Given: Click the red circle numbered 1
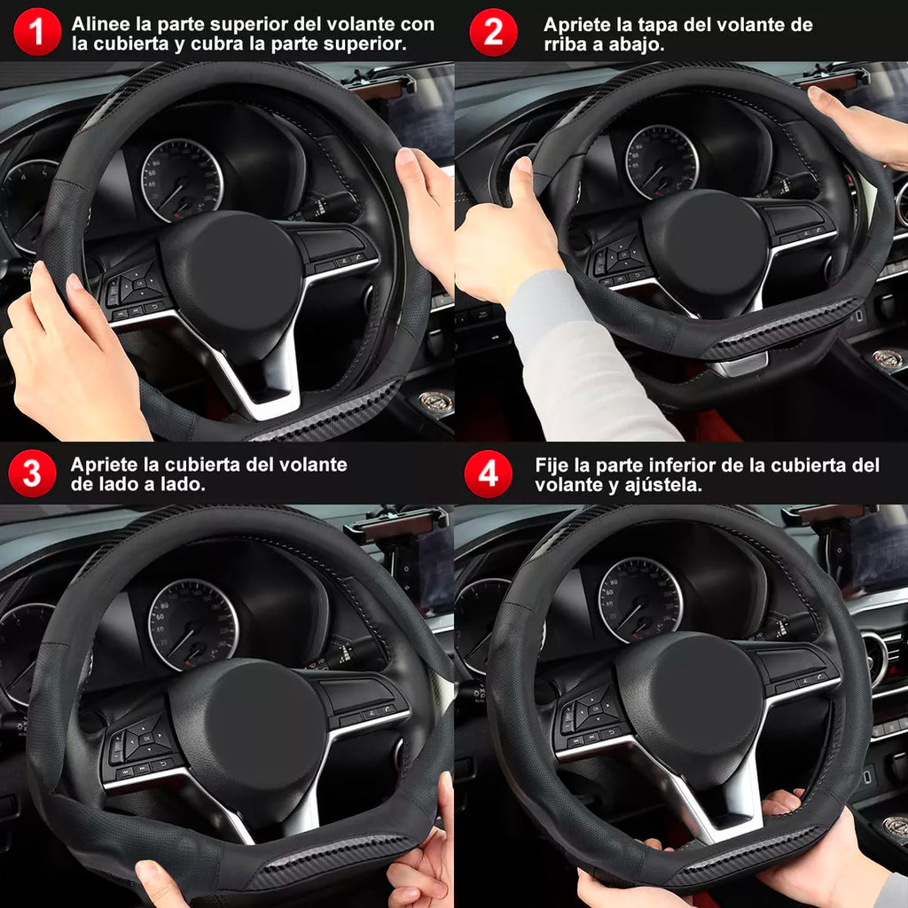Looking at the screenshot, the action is coord(36,31).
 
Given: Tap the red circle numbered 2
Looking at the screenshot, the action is coord(493,32).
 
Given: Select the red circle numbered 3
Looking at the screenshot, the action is coord(33,474).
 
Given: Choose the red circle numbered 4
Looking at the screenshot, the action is coord(489,474).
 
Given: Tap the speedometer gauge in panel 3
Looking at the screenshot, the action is coord(193,623).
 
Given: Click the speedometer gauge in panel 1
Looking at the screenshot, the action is coord(182,180).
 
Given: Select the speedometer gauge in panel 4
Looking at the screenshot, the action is coord(640,600).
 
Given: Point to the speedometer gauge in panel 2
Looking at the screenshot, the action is coord(661,162).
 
